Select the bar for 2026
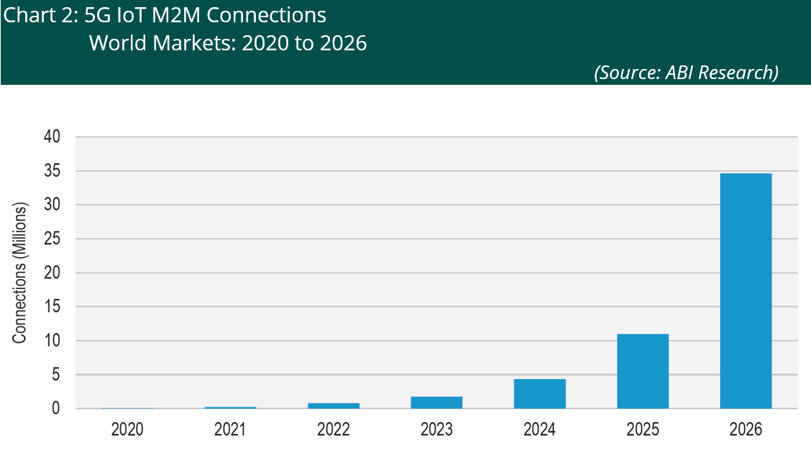746,290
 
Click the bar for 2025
643,371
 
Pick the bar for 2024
539,393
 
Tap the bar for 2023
436,402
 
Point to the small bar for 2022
334,406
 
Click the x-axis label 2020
127,430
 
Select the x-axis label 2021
230,430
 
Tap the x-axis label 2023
436,430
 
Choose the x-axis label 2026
746,430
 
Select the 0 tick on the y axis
55,408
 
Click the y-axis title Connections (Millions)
20,272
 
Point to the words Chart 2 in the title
36,15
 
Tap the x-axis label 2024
539,430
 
